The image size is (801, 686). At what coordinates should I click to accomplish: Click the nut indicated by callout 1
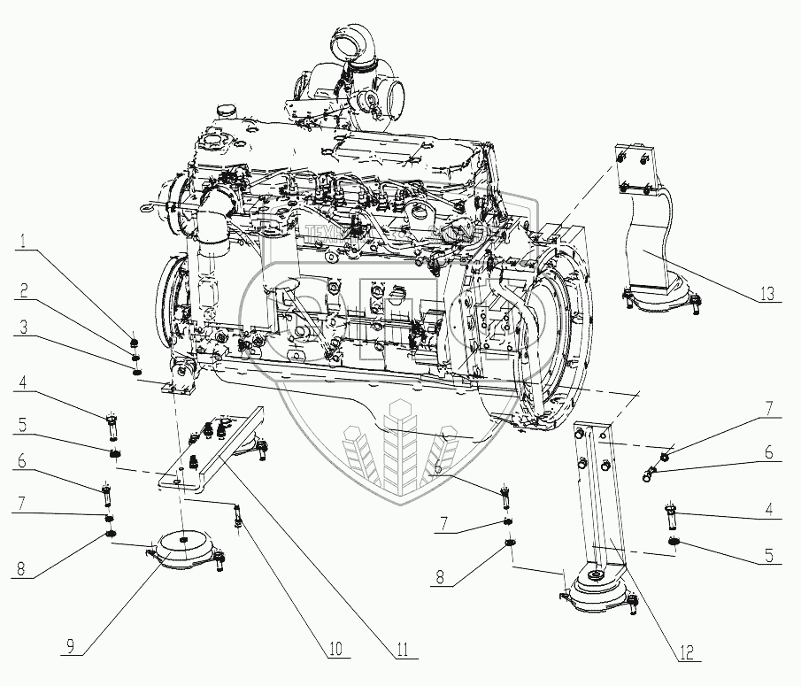(135, 341)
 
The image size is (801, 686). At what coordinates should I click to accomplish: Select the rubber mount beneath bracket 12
(597, 591)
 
